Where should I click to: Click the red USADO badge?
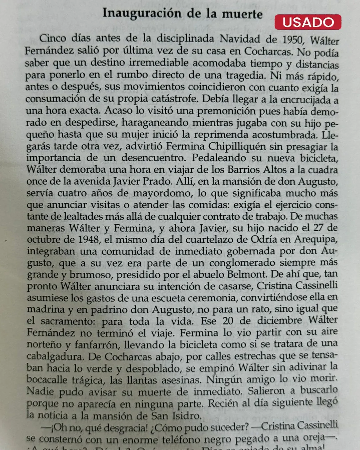(308, 22)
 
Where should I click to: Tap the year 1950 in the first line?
(293, 40)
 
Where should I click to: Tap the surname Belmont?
(247, 275)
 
